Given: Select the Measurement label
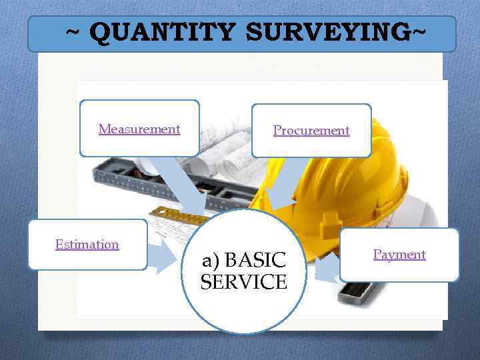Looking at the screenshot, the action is point(139,129).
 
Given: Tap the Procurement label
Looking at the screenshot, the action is point(311,131).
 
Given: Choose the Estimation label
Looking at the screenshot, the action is point(87,244).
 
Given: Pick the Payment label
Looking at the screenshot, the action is point(399,254).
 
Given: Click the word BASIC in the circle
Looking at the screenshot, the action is point(261,259).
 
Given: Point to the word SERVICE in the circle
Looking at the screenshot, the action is point(244,282).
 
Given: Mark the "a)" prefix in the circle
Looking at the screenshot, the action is point(212,259).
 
